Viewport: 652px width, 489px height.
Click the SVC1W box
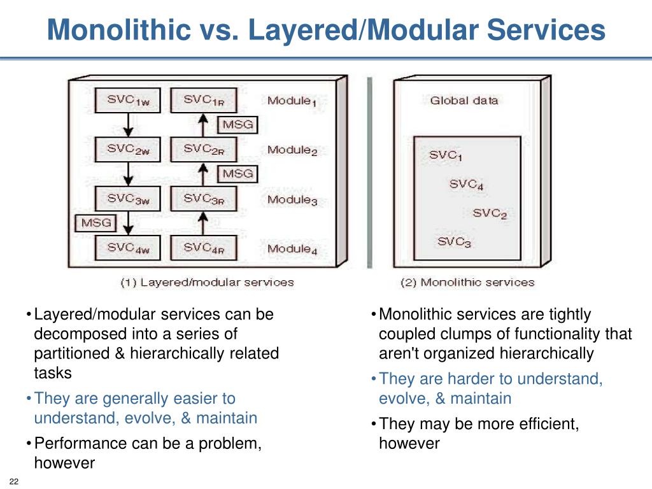(x=127, y=101)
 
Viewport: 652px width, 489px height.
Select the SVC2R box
(x=203, y=150)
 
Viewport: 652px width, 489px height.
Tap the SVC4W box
(x=127, y=248)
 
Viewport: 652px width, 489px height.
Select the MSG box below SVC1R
(x=236, y=124)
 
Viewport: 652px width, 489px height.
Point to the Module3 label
(x=292, y=200)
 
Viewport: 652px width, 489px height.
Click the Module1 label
(x=292, y=101)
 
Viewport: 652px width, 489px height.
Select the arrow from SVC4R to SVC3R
(x=202, y=223)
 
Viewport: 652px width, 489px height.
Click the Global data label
(x=464, y=100)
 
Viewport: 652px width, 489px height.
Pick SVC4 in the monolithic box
(x=466, y=185)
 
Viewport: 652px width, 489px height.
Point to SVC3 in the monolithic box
(x=455, y=242)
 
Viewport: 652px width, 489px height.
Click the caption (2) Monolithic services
(x=467, y=282)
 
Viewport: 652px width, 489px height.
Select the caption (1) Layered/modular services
(x=207, y=282)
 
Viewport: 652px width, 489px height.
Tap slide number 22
(x=13, y=481)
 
